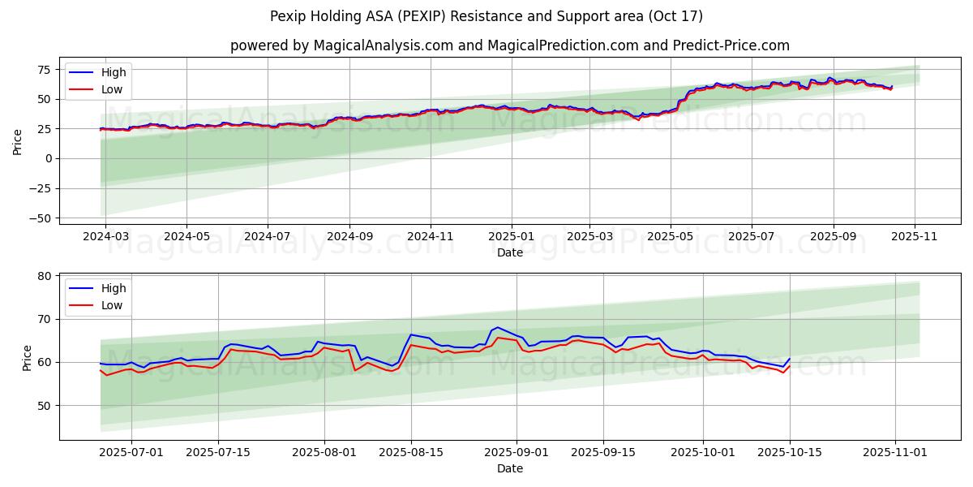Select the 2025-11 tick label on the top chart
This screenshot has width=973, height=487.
click(x=915, y=237)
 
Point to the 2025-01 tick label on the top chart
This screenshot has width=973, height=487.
click(x=511, y=237)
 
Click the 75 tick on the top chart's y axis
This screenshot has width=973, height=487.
click(x=45, y=69)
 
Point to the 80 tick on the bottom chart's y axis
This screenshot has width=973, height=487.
click(x=45, y=276)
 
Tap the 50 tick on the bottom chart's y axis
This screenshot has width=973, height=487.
click(x=45, y=405)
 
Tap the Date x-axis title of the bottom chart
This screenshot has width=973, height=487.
click(x=510, y=468)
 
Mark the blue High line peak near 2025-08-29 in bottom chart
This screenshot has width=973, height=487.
click(x=497, y=327)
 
